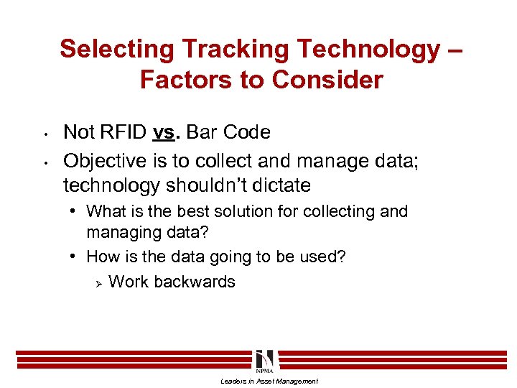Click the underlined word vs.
point(164,132)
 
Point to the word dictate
point(284,185)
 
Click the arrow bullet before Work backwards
point(98,282)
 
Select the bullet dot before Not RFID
point(45,134)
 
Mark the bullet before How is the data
point(75,257)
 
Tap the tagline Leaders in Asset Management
point(269,382)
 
